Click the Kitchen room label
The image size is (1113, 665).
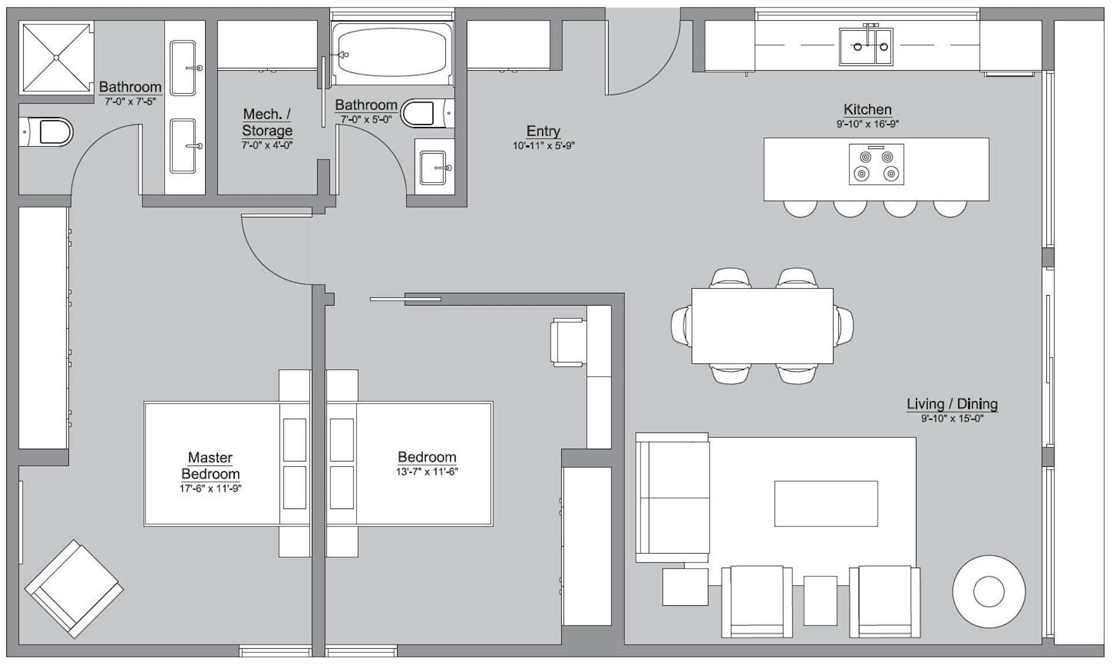(867, 110)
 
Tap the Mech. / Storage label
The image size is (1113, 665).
(267, 122)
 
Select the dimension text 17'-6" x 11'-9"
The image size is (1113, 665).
(210, 489)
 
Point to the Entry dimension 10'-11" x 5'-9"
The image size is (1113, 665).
(543, 146)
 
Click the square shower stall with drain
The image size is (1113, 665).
(56, 57)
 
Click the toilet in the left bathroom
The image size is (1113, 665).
(49, 132)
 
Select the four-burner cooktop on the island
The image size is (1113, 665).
(876, 165)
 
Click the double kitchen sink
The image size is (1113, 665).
(866, 46)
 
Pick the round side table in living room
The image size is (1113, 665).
(988, 592)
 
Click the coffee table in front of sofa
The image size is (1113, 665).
(825, 503)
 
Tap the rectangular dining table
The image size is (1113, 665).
(762, 326)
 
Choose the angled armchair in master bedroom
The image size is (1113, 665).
(74, 588)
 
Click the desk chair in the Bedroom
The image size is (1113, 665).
(568, 342)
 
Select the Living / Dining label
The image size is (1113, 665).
(952, 404)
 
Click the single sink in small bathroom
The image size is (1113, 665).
(434, 168)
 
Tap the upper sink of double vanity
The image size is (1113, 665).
(184, 67)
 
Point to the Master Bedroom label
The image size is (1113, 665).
(210, 466)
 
